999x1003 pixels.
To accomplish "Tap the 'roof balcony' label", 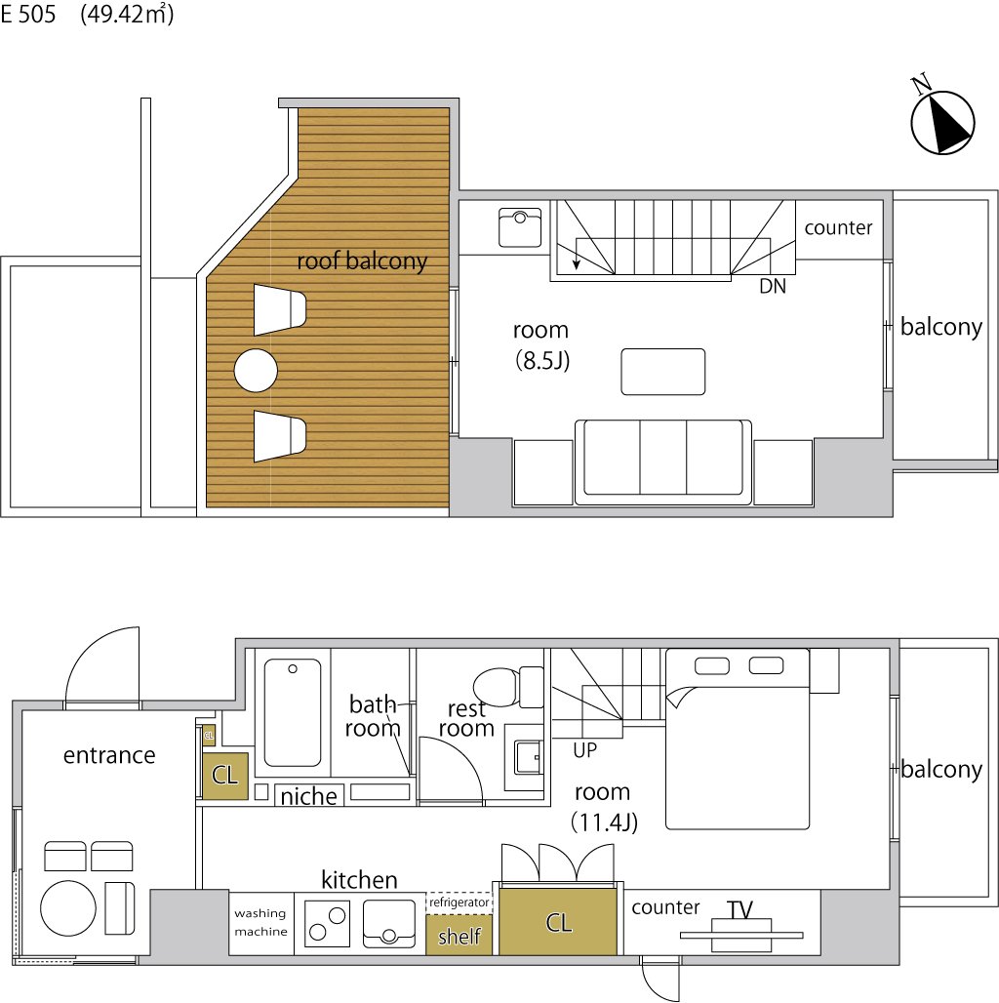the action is (x=362, y=261).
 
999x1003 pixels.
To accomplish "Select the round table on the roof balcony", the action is (x=256, y=371).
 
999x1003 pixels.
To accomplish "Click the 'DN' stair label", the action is (x=773, y=286).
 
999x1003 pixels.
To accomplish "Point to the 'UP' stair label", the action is (x=585, y=749).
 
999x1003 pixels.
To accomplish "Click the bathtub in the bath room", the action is (x=293, y=712).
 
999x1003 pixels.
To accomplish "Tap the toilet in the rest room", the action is (x=508, y=686).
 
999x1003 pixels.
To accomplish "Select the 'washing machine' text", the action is (x=260, y=922).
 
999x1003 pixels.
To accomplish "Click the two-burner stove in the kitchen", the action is (x=327, y=924).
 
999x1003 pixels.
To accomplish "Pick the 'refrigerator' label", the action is (x=460, y=902).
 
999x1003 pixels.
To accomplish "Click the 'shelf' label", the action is (x=460, y=937).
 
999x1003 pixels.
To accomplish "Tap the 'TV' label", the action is (x=739, y=909).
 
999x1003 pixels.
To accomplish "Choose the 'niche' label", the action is (x=309, y=796).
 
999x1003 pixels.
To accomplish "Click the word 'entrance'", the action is (x=109, y=755).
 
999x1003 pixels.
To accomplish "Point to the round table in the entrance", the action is (x=68, y=907).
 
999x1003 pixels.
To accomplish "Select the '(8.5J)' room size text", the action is (x=542, y=361).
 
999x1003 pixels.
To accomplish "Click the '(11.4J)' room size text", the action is (x=605, y=822).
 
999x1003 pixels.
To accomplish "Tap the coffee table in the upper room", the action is (x=663, y=372).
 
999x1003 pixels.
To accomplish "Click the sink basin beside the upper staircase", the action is (x=520, y=227).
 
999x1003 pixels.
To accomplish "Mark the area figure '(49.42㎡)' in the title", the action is (x=127, y=14).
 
